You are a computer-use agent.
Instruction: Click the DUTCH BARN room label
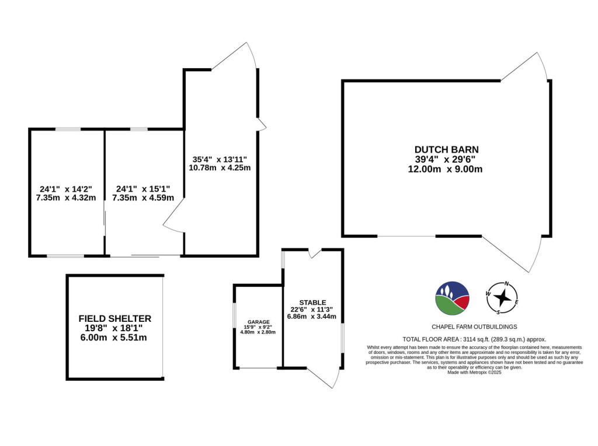[x=446, y=149]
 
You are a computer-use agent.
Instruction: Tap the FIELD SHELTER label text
[x=115, y=318]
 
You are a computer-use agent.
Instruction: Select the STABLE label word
[x=312, y=302]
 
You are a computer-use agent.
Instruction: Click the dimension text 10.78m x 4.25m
[x=220, y=168]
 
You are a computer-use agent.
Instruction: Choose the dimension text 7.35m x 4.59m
[x=143, y=198]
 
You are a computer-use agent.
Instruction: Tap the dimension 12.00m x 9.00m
[x=446, y=169]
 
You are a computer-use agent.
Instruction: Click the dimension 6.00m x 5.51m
[x=115, y=337]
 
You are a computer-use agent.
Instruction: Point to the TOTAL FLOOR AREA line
[x=474, y=339]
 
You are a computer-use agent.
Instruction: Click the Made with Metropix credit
[x=474, y=372]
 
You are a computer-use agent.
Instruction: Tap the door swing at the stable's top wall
[x=315, y=252]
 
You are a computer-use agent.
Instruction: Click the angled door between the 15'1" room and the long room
[x=173, y=222]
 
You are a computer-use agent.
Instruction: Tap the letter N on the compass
[x=506, y=284]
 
